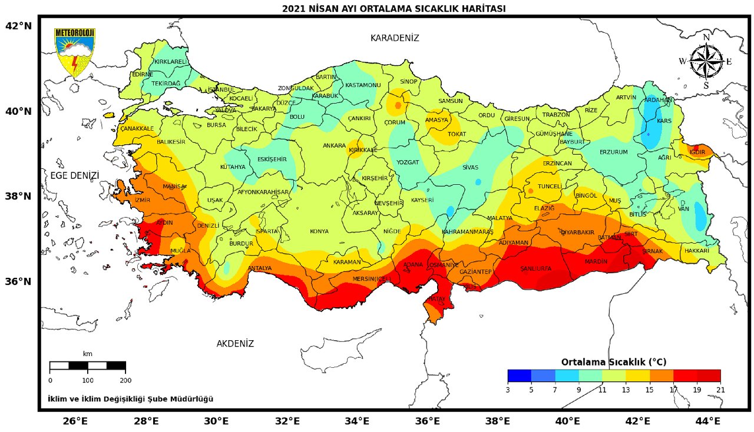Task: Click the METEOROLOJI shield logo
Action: tap(74, 52)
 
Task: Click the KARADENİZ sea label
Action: tap(394, 38)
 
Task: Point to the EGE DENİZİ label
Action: tap(74, 175)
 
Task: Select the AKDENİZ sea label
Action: tap(235, 344)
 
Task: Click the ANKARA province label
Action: tap(334, 145)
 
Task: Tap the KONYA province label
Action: tap(319, 231)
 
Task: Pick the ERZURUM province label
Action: tap(613, 152)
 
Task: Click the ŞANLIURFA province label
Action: tap(535, 269)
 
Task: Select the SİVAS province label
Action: tap(470, 167)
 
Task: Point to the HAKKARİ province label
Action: tap(697, 251)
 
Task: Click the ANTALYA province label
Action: tap(260, 268)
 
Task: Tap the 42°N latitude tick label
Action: tap(18, 26)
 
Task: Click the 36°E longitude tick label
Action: tap(428, 421)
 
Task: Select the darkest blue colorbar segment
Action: tap(519, 375)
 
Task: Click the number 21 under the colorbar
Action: tap(720, 390)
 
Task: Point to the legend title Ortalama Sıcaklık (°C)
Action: tap(613, 362)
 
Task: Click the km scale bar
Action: tap(87, 365)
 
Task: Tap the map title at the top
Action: tap(393, 8)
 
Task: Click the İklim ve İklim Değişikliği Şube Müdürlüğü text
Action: tap(130, 399)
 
